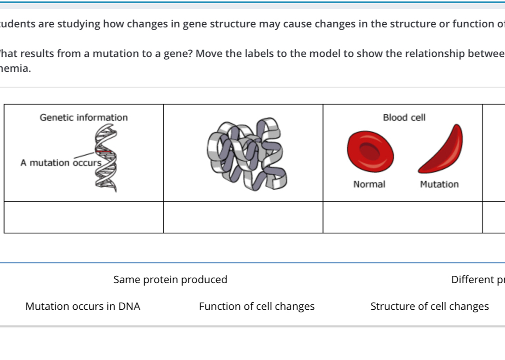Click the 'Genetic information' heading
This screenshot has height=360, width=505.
[x=83, y=117]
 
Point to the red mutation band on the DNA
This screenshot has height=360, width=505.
[x=104, y=152]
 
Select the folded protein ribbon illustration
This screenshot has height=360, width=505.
[x=248, y=155]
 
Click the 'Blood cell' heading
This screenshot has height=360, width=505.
[x=404, y=117]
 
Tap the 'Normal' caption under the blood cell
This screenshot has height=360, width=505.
[x=369, y=184]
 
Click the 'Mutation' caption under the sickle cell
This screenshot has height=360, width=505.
[x=439, y=184]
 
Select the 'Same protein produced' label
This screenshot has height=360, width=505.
[x=170, y=280]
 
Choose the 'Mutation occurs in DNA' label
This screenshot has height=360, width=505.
[x=83, y=307]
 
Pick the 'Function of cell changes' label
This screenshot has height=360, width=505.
[x=256, y=307]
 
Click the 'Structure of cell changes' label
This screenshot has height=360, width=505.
[x=430, y=307]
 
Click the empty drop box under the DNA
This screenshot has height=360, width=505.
[x=84, y=217]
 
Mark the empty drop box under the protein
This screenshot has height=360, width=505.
[x=243, y=217]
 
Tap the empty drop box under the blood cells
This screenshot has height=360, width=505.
[x=403, y=217]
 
